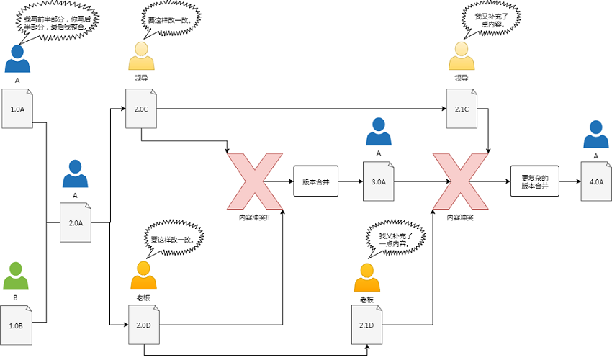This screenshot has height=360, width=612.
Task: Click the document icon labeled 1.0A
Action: tap(17, 109)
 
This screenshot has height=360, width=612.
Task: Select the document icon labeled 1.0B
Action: tap(17, 325)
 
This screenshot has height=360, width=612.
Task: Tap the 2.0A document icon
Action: tap(76, 222)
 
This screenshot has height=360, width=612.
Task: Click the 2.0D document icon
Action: tap(144, 325)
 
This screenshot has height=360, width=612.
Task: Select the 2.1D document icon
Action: tap(367, 325)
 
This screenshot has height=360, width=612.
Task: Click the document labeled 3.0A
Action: tap(378, 181)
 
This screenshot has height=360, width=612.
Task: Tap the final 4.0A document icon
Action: tap(596, 181)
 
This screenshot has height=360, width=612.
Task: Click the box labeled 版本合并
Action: tap(315, 181)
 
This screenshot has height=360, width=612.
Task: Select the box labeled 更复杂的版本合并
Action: tap(535, 181)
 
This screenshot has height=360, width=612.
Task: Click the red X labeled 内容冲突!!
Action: tap(256, 181)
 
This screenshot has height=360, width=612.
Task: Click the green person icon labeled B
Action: tap(17, 276)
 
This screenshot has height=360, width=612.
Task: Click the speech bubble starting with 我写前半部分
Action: tap(57, 22)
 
